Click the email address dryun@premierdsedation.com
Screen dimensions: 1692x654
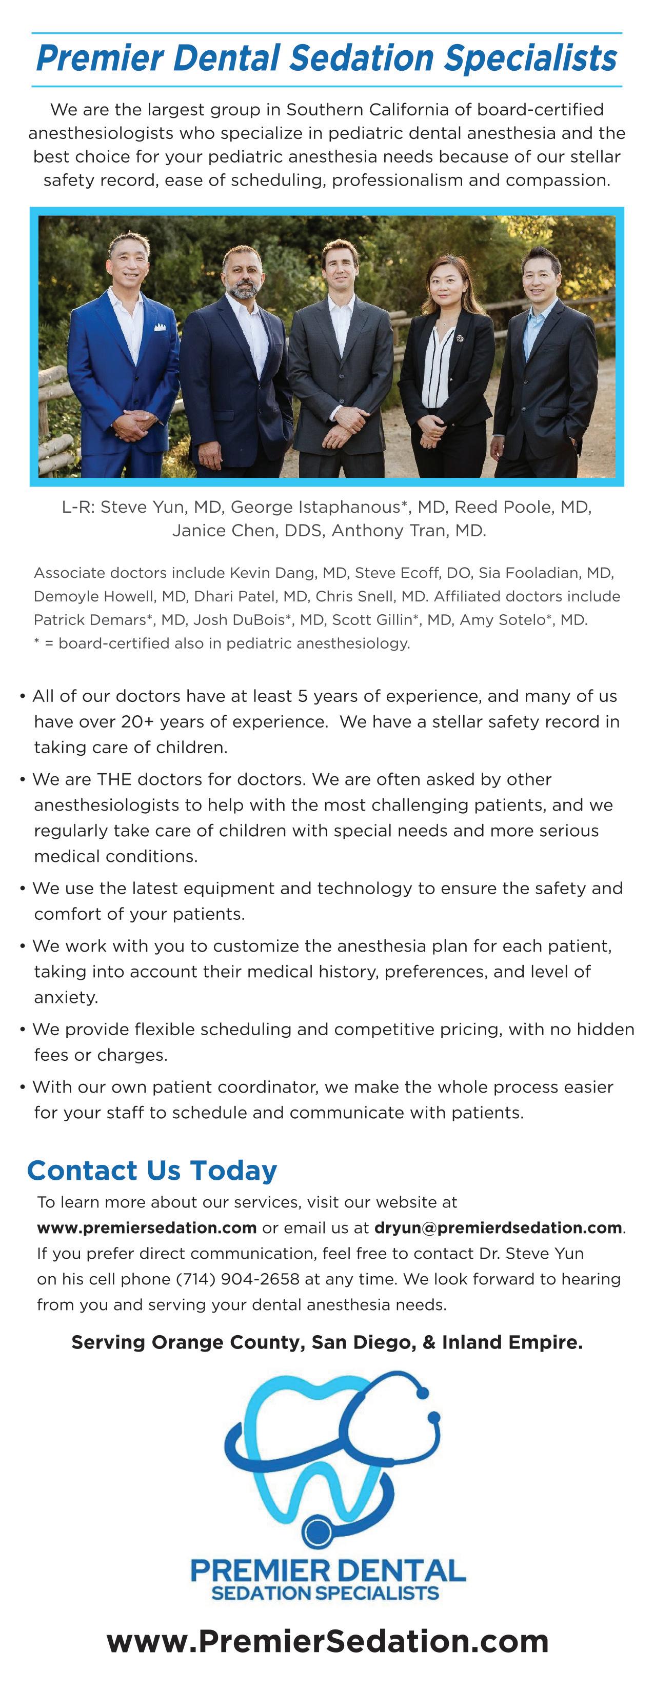tap(498, 1227)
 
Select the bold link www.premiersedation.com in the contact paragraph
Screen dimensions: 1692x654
tap(147, 1227)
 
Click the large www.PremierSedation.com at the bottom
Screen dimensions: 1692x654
tap(327, 1641)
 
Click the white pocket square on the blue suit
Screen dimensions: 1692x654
tap(160, 327)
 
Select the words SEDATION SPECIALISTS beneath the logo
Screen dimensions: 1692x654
tap(325, 1593)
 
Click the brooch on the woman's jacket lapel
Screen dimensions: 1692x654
tap(460, 339)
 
